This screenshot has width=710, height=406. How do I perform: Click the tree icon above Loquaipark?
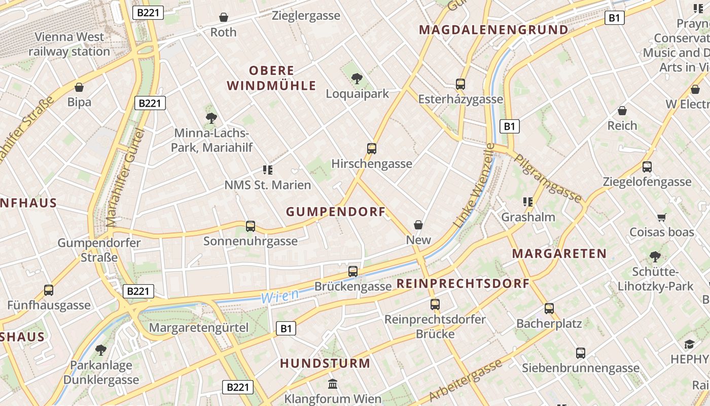tap(357, 78)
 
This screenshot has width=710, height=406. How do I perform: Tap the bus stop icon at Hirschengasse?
tap(372, 148)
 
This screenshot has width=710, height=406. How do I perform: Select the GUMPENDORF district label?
tap(336, 212)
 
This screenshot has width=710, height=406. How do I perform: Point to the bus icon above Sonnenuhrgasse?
tap(250, 226)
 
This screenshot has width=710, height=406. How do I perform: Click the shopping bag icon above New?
tap(418, 224)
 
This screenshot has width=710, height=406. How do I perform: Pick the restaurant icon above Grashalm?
tap(528, 202)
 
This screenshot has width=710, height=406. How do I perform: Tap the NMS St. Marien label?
tap(267, 185)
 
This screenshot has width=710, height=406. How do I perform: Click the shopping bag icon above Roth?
tap(223, 17)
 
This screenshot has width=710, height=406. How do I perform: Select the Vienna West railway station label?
tap(69, 44)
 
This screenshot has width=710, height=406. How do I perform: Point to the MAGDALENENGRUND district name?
tap(493, 29)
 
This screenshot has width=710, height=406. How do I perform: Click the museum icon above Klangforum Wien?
tap(333, 383)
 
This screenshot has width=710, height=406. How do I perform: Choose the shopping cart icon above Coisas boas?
tap(661, 217)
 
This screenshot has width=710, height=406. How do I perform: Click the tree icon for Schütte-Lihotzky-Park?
tap(655, 256)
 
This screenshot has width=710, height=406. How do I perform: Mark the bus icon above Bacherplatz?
tap(549, 308)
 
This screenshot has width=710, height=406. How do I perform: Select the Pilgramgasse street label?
tap(548, 178)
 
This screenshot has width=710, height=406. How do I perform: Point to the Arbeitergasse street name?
tap(465, 380)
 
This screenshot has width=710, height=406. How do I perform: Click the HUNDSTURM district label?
tap(325, 363)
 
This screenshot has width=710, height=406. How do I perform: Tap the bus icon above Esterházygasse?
tap(460, 84)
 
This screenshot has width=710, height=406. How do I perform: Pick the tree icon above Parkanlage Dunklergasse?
tap(101, 350)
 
